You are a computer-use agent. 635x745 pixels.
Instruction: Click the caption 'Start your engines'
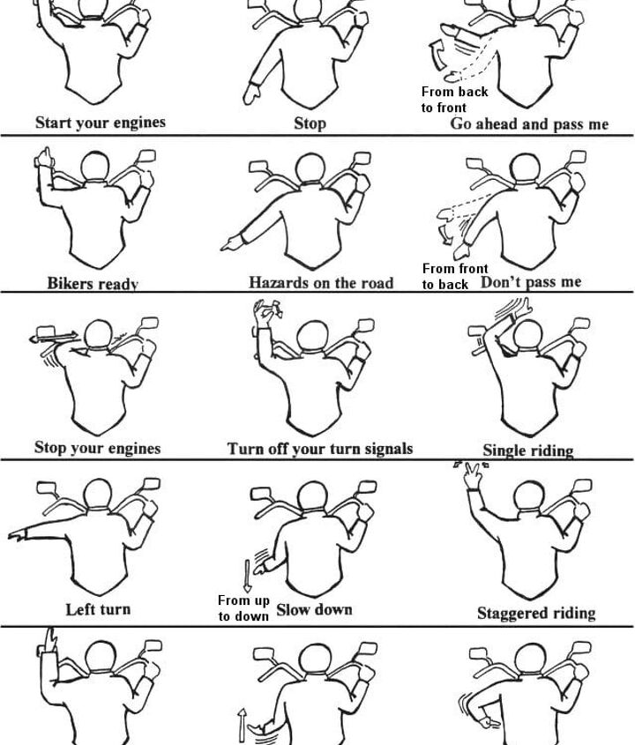click(x=101, y=123)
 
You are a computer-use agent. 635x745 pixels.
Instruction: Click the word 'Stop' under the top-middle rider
click(x=310, y=123)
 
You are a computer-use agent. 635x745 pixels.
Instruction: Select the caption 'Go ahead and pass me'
click(x=529, y=124)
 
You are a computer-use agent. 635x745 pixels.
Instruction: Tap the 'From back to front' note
click(x=454, y=100)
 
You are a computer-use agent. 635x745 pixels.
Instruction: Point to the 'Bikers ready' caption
click(x=93, y=284)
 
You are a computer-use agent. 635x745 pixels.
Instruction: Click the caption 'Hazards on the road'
click(x=321, y=283)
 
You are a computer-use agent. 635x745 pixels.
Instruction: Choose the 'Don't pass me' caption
click(x=531, y=282)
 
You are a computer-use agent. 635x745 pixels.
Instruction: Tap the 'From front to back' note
click(x=455, y=277)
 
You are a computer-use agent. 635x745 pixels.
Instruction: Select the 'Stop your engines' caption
click(x=97, y=448)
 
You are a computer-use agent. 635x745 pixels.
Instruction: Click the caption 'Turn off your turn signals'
click(x=320, y=449)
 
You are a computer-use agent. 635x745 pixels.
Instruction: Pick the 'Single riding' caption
click(x=528, y=451)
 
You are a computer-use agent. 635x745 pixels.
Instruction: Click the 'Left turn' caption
click(x=98, y=609)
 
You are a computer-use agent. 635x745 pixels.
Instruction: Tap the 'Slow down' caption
click(x=314, y=609)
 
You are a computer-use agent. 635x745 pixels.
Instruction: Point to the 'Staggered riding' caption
click(x=536, y=613)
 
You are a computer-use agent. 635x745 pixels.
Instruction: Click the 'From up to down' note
click(x=243, y=608)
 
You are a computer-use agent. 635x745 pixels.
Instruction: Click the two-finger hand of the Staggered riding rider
click(x=473, y=477)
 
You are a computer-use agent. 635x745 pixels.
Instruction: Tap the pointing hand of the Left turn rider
click(x=17, y=534)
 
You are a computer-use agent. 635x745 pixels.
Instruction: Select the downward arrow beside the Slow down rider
click(x=247, y=576)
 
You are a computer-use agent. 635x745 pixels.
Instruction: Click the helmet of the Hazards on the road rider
click(x=310, y=169)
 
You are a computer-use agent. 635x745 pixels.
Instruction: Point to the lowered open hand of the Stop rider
click(x=251, y=93)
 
